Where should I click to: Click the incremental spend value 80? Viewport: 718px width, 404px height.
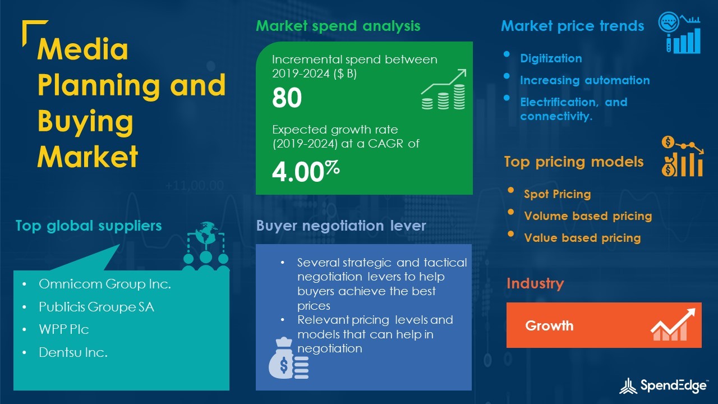pyautogui.click(x=287, y=98)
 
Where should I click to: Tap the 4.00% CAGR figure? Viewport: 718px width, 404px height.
pyautogui.click(x=306, y=171)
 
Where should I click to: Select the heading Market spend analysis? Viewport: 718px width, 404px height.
pyautogui.click(x=338, y=26)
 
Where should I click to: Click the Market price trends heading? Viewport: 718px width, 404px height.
pyautogui.click(x=573, y=26)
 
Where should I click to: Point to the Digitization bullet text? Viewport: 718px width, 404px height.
pyautogui.click(x=551, y=58)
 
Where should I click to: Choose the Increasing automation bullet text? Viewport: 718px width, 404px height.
pyautogui.click(x=585, y=80)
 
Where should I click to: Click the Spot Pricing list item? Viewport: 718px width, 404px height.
pyautogui.click(x=558, y=194)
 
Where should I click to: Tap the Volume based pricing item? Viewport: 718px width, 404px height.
pyautogui.click(x=588, y=216)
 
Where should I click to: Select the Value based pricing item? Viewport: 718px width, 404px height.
pyautogui.click(x=582, y=237)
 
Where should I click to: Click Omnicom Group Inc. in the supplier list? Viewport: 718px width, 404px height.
pyautogui.click(x=105, y=284)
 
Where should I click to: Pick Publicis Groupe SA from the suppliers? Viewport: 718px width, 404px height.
pyautogui.click(x=96, y=307)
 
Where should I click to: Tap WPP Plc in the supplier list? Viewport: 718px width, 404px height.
pyautogui.click(x=64, y=329)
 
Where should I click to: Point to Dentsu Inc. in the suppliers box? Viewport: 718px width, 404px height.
pyautogui.click(x=73, y=352)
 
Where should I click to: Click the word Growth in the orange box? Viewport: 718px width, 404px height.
pyautogui.click(x=549, y=326)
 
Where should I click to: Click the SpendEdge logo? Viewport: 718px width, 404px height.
pyautogui.click(x=663, y=385)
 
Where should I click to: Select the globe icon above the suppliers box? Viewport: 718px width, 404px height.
pyautogui.click(x=205, y=233)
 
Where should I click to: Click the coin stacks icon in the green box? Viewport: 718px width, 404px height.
pyautogui.click(x=444, y=89)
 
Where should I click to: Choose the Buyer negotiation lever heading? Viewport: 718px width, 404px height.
pyautogui.click(x=341, y=226)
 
